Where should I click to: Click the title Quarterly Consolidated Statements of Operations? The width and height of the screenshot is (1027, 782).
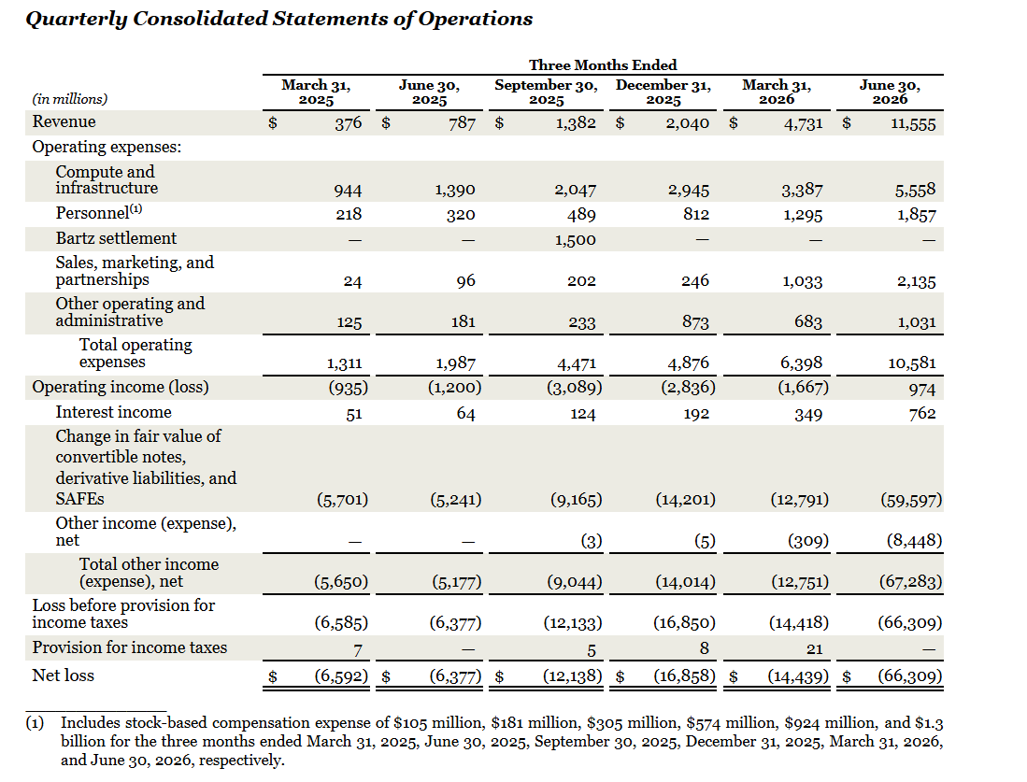279,19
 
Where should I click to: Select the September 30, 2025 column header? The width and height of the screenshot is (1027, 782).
547,92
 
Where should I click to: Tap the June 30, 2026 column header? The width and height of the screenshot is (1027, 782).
890,92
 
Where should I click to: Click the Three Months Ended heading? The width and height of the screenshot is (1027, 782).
603,64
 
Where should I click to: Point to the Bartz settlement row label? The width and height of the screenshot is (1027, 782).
116,238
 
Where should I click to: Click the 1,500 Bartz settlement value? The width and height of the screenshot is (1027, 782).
575,240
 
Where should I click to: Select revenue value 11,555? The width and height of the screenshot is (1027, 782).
913,124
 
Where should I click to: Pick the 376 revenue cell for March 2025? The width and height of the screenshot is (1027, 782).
348,123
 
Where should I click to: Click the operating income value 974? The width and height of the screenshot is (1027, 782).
922,390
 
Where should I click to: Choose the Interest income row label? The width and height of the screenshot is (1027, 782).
113,412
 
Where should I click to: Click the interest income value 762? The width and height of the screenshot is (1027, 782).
922,414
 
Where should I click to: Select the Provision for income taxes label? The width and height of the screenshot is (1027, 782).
130,647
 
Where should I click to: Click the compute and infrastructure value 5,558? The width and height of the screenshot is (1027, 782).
916,190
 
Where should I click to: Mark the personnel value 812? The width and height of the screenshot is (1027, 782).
695,215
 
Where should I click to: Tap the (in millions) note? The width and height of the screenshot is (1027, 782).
70,99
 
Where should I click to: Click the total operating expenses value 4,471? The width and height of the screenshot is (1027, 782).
575,363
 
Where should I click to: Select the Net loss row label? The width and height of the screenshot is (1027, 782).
63,675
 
